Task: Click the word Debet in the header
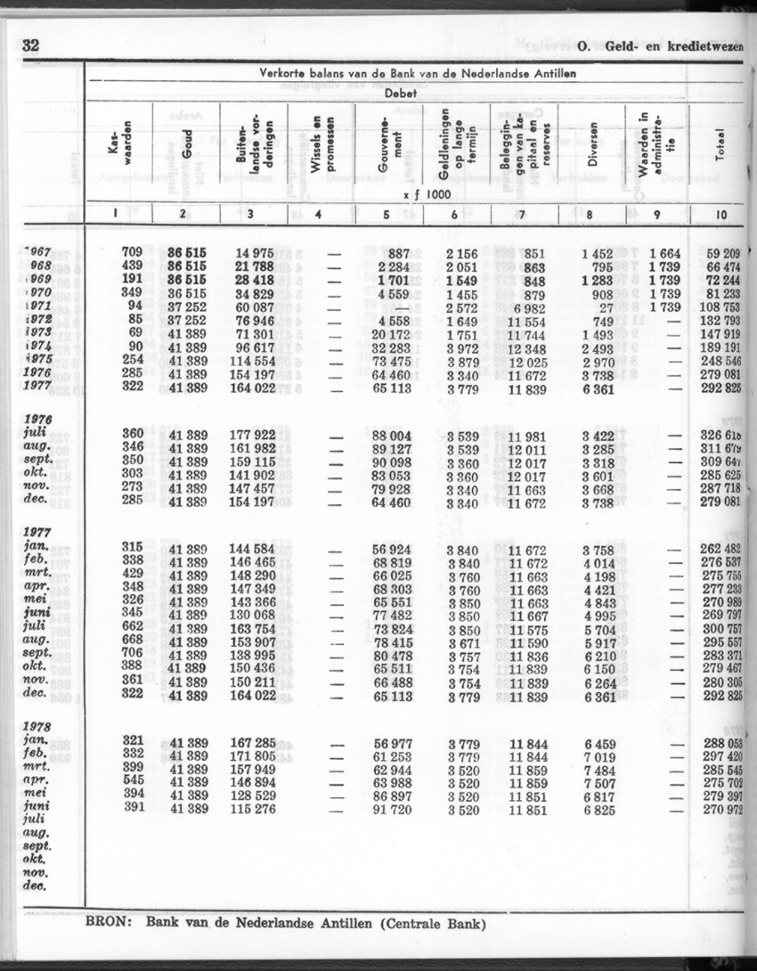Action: click(x=404, y=93)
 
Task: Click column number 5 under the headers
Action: click(x=386, y=214)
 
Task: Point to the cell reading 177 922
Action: click(x=251, y=435)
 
